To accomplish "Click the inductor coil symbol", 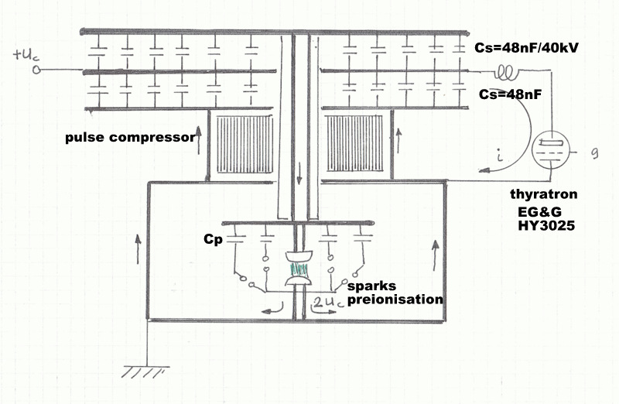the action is tap(508, 71).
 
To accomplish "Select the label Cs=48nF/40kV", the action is tap(527, 48).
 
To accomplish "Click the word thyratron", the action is tap(544, 194).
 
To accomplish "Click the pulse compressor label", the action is tap(130, 138).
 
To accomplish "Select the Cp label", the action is tap(214, 240).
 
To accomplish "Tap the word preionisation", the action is tap(395, 299).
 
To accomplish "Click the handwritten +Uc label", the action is tap(27, 54).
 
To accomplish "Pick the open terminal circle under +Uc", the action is tap(36, 70).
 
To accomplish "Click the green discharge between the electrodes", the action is tap(299, 270).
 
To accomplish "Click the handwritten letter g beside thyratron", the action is tap(594, 153).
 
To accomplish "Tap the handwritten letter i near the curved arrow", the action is tap(501, 156).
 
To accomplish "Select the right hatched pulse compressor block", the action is tap(354, 143).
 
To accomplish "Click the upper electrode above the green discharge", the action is tap(299, 256).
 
